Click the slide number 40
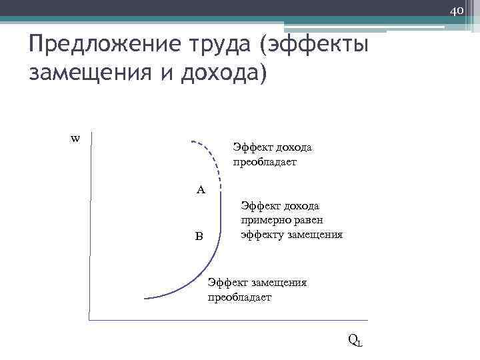point(456,11)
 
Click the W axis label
point(75,139)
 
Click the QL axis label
point(355,340)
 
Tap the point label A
point(201,189)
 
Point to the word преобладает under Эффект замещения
point(239,297)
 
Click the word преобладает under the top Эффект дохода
point(264,162)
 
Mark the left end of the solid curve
point(146,298)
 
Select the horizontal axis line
point(227,321)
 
